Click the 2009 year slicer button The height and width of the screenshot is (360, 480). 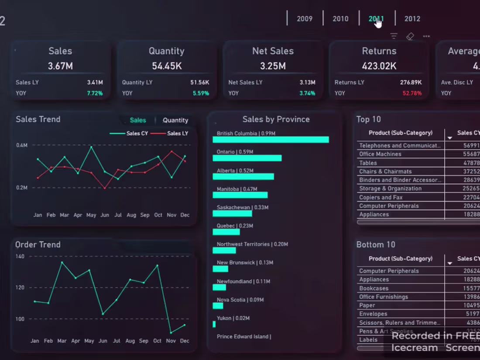pyautogui.click(x=305, y=19)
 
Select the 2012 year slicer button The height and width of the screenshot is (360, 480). pyautogui.click(x=412, y=19)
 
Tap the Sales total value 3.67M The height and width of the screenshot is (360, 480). pyautogui.click(x=60, y=66)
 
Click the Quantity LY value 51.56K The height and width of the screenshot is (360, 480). pyautogui.click(x=199, y=82)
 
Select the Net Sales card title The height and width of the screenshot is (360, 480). pyautogui.click(x=273, y=51)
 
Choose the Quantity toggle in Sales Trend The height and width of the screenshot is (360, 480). pyautogui.click(x=175, y=120)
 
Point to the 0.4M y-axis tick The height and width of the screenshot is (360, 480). pyautogui.click(x=22, y=145)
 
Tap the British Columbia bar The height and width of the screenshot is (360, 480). pyautogui.click(x=271, y=140)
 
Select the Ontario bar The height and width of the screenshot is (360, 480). pyautogui.click(x=247, y=158)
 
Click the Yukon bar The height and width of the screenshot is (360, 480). pyautogui.click(x=214, y=324)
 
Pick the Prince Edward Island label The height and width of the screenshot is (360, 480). pyautogui.click(x=243, y=336)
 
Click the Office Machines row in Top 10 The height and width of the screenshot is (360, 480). pyautogui.click(x=380, y=154)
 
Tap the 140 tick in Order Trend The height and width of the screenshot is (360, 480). pyautogui.click(x=20, y=256)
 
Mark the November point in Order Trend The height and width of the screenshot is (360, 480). pyautogui.click(x=171, y=333)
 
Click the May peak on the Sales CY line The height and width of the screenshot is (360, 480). pyautogui.click(x=91, y=147)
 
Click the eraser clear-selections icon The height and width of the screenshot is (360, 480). pyautogui.click(x=410, y=36)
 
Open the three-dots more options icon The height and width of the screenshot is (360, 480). pyautogui.click(x=426, y=36)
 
